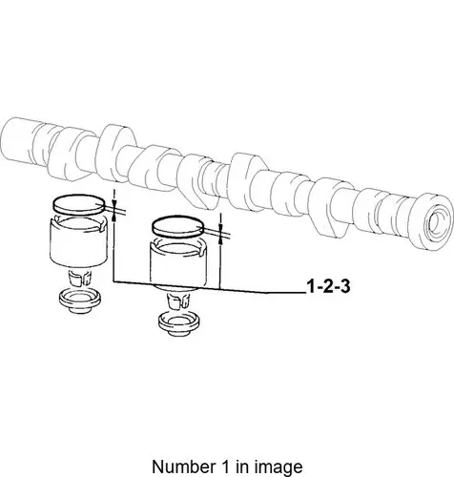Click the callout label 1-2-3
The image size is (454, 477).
coord(328,286)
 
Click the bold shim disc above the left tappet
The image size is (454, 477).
coord(78,204)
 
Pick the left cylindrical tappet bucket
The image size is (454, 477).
coord(78,240)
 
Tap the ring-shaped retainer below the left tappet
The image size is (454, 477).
coord(80,301)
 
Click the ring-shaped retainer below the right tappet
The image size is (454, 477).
coord(179,324)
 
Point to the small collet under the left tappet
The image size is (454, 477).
coord(80,278)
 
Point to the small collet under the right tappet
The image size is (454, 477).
coord(179,301)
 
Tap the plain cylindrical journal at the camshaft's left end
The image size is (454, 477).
coord(18,139)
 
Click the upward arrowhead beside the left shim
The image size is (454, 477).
coord(114,217)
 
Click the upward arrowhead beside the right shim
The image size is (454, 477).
coord(220,239)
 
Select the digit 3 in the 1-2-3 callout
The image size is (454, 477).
coord(344,286)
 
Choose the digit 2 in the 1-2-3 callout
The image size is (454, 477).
coord(328,286)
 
